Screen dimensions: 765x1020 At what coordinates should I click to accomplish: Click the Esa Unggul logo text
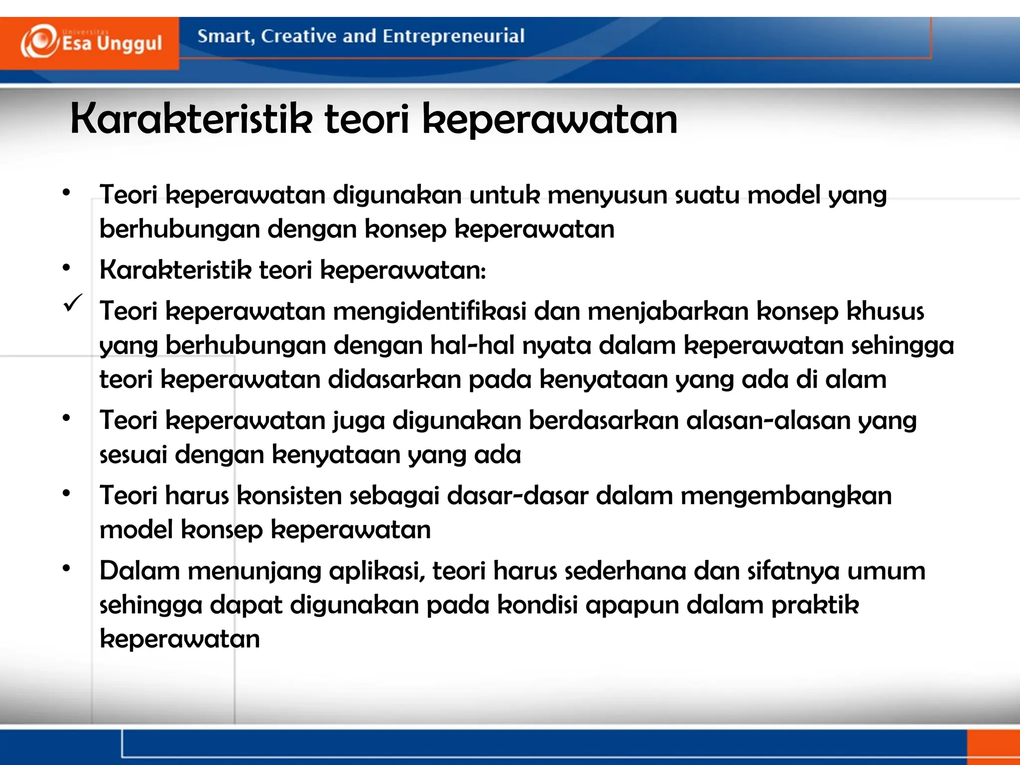pyautogui.click(x=112, y=44)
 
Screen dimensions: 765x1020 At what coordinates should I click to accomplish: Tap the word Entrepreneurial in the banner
pyautogui.click(x=453, y=36)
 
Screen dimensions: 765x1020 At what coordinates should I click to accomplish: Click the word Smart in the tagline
pyautogui.click(x=224, y=36)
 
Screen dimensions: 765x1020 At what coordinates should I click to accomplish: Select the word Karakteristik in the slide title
pyautogui.click(x=192, y=120)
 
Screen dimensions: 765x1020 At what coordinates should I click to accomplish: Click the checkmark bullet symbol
pyautogui.click(x=73, y=303)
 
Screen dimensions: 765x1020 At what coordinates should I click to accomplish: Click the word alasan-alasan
pyautogui.click(x=767, y=421)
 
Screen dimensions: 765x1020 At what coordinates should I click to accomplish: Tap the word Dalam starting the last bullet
pyautogui.click(x=139, y=571)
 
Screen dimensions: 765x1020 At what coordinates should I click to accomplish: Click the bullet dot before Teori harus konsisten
pyautogui.click(x=66, y=493)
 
